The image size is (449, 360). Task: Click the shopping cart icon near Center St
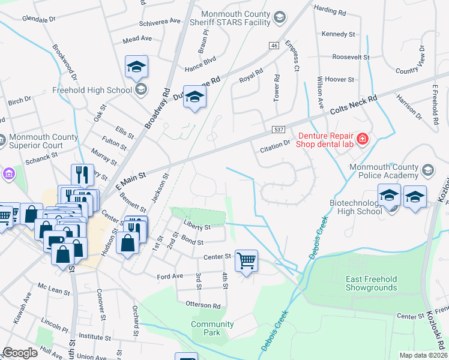[246, 261]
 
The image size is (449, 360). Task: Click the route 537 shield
[277, 130]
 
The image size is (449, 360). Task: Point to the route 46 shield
[274, 46]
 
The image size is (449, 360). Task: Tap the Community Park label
[212, 328]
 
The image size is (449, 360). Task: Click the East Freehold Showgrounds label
[371, 283]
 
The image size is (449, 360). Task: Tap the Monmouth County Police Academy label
[383, 170]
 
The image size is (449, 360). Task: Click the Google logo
[20, 353]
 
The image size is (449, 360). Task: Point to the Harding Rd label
[331, 11]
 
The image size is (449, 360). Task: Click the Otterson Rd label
[203, 305]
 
